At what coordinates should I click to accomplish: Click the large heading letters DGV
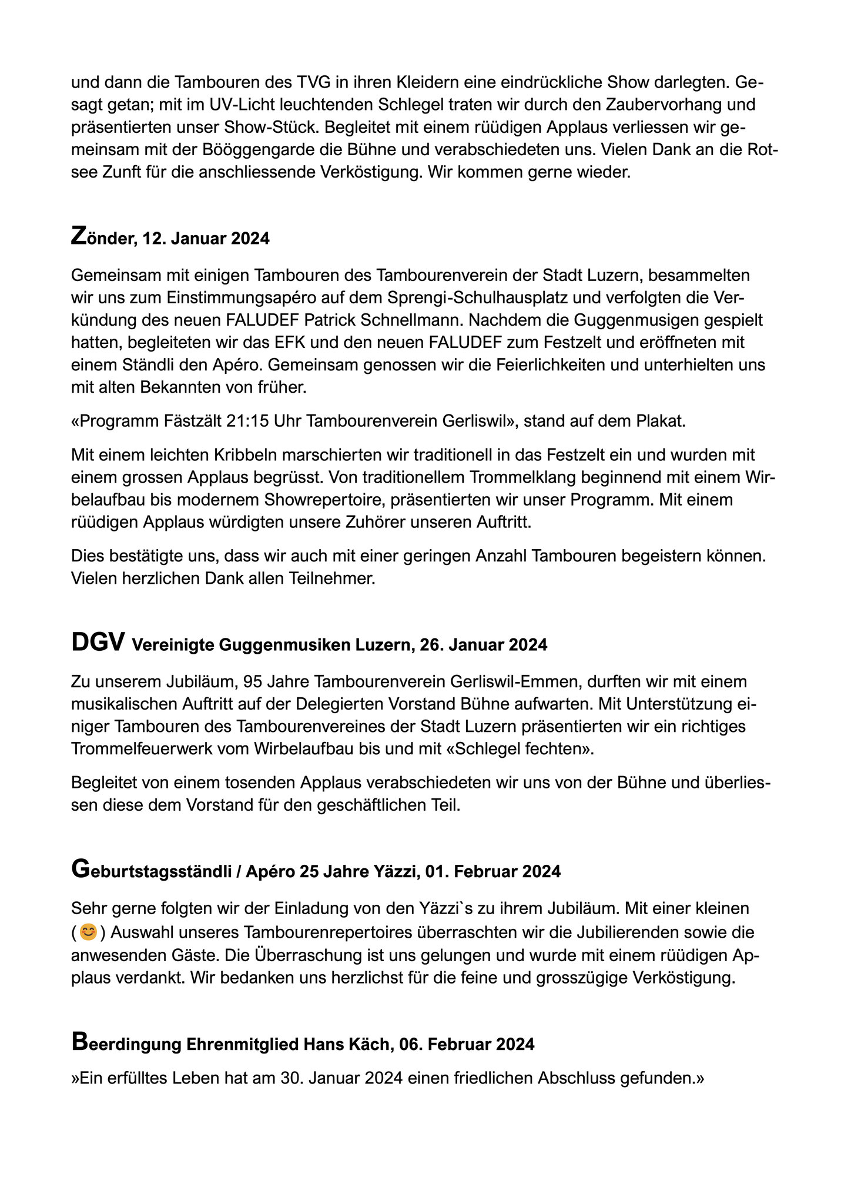pos(98,643)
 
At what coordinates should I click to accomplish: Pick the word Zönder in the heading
pos(100,238)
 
